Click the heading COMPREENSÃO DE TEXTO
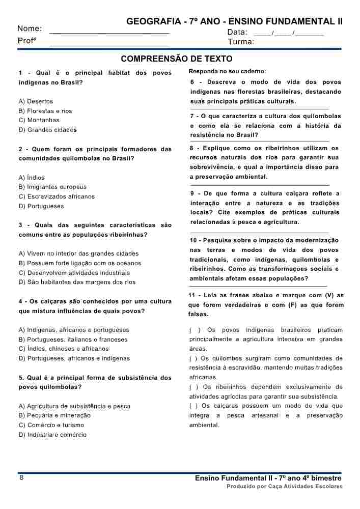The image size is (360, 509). click(x=176, y=59)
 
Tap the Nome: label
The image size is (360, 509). click(x=30, y=29)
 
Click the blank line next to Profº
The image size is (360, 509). click(x=109, y=44)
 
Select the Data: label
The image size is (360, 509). click(x=237, y=32)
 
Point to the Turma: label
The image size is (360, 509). click(x=241, y=42)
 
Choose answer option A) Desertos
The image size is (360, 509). click(x=36, y=101)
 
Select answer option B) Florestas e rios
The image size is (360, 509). click(x=45, y=111)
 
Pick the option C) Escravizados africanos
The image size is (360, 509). click(x=57, y=196)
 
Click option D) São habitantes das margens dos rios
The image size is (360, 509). click(x=77, y=282)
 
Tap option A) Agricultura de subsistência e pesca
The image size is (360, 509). click(x=74, y=406)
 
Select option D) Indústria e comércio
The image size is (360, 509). click(x=52, y=435)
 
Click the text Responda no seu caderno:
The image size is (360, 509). click(x=227, y=71)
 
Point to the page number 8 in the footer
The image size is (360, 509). click(x=21, y=477)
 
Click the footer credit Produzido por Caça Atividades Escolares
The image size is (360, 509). click(x=285, y=487)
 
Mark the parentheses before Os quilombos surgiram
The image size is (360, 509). click(x=193, y=358)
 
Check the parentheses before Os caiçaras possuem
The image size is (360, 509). click(x=193, y=406)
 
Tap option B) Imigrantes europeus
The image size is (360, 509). click(x=52, y=187)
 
